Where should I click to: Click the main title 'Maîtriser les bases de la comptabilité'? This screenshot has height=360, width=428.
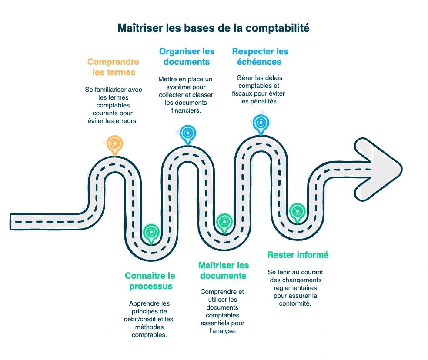click(214, 28)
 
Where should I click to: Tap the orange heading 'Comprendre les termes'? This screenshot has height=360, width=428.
click(114, 67)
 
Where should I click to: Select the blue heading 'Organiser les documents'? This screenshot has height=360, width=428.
click(187, 57)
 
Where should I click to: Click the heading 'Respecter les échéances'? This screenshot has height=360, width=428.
click(260, 57)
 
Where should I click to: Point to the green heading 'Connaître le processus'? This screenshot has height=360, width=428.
click(150, 281)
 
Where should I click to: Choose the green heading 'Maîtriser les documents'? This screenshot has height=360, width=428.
click(224, 270)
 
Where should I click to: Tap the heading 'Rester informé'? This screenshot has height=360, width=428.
click(298, 255)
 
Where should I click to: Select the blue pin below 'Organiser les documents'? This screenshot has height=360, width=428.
click(187, 133)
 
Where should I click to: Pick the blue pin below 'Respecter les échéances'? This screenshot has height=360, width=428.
click(261, 123)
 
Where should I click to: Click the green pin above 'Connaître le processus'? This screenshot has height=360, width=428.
click(151, 232)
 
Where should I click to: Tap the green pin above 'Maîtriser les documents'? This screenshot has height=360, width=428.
click(224, 222)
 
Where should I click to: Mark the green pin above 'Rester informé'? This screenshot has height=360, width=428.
click(297, 212)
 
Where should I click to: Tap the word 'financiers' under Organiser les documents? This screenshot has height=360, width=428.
click(186, 110)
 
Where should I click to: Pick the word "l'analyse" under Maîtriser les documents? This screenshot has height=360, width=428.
click(223, 331)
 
